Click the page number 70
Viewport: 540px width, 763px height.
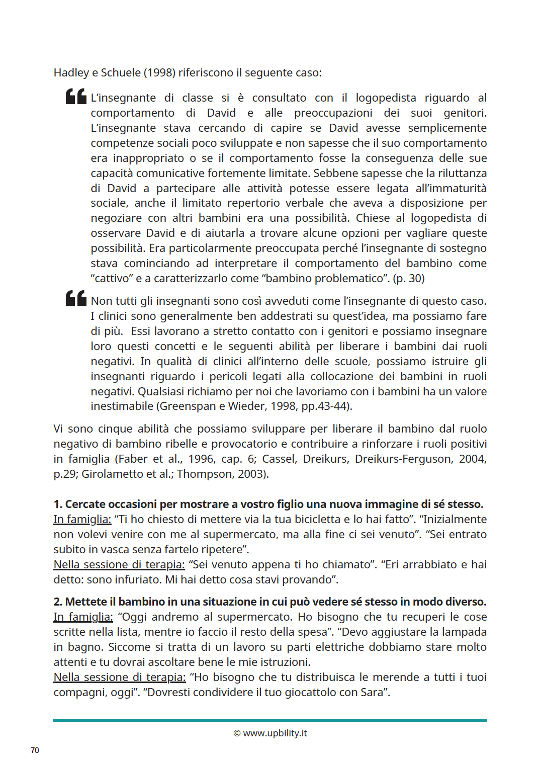click(35, 750)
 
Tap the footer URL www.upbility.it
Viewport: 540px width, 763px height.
click(275, 733)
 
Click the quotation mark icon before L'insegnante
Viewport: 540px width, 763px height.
click(76, 97)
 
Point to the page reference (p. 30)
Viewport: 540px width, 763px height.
click(409, 278)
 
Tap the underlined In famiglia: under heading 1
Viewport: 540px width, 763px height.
click(82, 519)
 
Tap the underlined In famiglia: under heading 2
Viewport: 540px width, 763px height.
click(83, 617)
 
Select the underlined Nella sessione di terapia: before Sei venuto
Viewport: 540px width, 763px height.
click(119, 564)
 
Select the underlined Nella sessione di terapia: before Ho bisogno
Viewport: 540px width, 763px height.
click(119, 677)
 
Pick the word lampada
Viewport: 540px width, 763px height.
click(463, 632)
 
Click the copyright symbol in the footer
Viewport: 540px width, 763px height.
click(237, 733)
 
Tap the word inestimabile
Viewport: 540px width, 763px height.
click(122, 406)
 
